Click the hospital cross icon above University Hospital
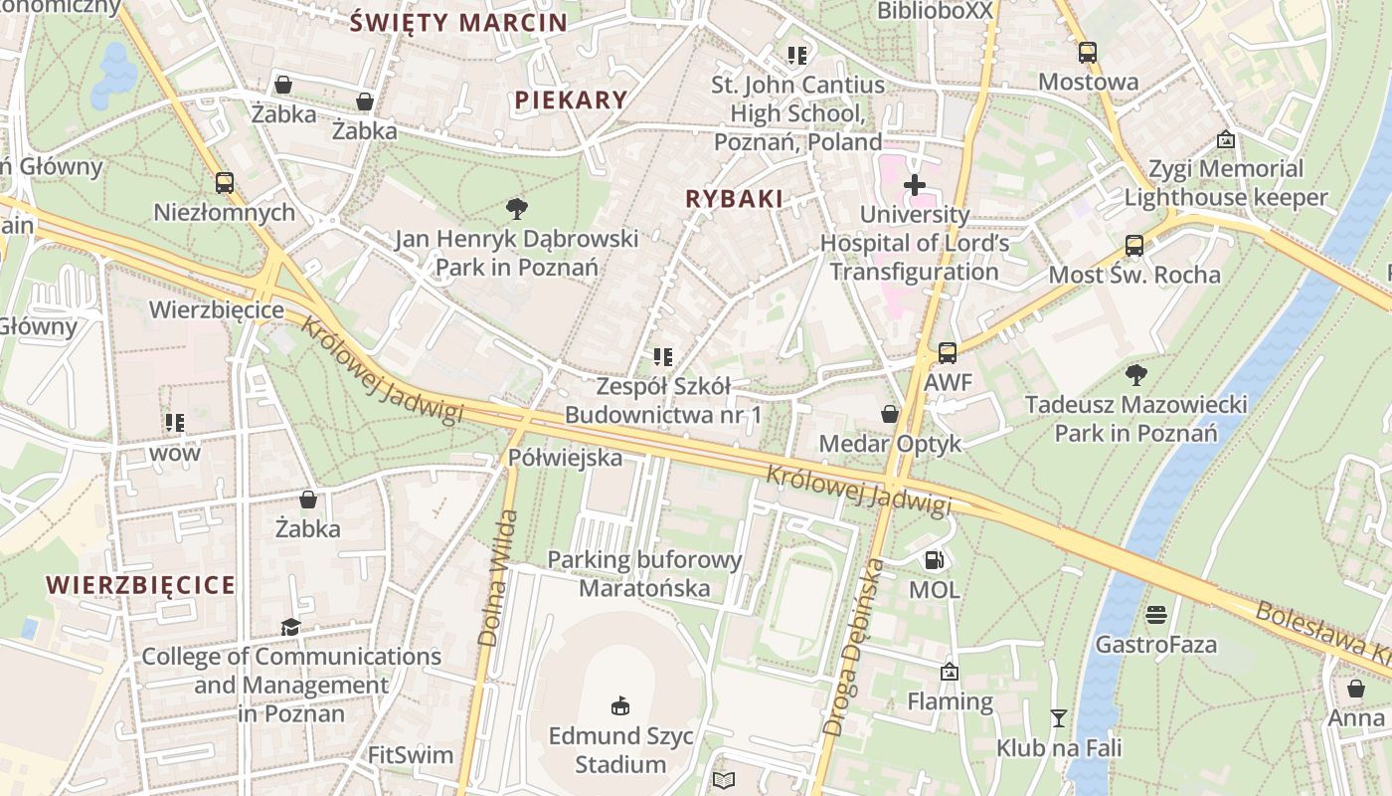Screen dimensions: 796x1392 pos(914,185)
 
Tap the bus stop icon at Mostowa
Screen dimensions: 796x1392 pos(1088,53)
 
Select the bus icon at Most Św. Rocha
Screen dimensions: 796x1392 pos(1133,246)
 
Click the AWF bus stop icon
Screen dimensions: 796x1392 pos(948,353)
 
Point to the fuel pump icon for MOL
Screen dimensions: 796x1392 pos(934,560)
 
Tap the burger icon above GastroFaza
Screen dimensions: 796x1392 pos(1155,615)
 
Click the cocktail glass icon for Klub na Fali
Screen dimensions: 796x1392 pos(1058,717)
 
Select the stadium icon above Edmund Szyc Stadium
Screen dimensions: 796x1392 pos(620,706)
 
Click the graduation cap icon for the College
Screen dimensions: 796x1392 pos(290,627)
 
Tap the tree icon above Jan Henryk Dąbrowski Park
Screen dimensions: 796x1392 pos(516,209)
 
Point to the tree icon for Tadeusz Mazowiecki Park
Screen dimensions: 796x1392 pos(1135,375)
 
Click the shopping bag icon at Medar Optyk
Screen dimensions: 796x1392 pos(890,414)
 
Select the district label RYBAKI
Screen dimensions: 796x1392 pos(734,199)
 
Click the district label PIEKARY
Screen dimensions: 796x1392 pos(571,99)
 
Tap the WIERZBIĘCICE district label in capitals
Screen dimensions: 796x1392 pos(141,585)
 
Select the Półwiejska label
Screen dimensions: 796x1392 pos(565,458)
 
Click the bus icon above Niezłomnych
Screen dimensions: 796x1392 pos(225,183)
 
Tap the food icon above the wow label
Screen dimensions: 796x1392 pos(175,423)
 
